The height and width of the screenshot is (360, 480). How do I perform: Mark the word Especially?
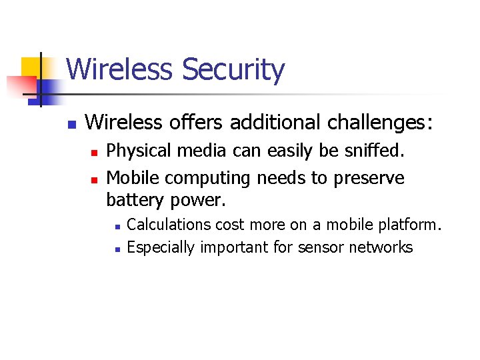(161, 248)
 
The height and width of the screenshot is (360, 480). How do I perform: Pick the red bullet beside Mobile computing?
(94, 179)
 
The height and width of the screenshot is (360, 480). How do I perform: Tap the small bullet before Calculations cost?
(116, 226)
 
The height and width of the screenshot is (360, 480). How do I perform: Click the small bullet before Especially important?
(116, 249)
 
